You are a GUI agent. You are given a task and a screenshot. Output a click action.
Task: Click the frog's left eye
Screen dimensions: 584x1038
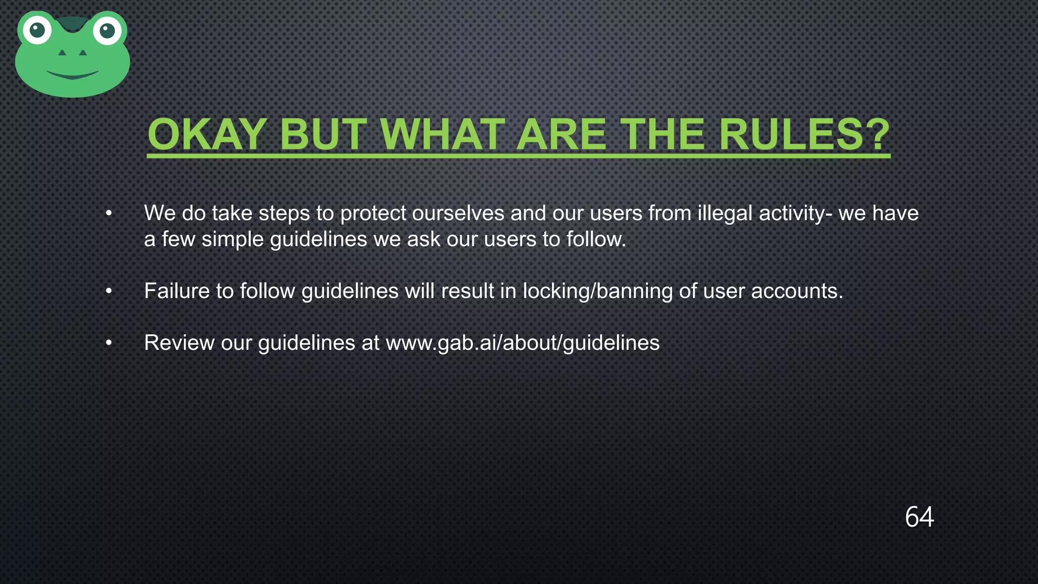tap(38, 30)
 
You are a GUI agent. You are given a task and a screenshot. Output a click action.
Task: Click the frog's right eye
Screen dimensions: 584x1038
tap(107, 31)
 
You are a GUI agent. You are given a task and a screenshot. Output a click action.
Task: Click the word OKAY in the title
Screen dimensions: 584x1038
tap(207, 135)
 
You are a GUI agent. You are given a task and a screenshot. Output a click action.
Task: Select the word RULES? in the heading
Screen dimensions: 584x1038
tap(804, 135)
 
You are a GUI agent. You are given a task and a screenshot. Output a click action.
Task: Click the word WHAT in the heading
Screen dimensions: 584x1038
tap(443, 135)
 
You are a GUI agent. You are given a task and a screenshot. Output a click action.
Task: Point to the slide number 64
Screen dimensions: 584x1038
tap(919, 517)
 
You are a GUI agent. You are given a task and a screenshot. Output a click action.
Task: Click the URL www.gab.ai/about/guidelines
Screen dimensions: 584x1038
tap(523, 343)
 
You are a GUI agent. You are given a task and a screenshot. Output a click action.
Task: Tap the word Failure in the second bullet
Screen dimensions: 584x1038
tap(176, 291)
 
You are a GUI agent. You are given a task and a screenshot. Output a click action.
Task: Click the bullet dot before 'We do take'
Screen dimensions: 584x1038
tap(108, 213)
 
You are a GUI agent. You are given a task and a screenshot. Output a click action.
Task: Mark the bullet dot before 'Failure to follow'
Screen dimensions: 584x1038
tap(108, 291)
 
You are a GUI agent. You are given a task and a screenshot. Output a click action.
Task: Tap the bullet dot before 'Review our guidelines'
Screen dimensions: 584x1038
tap(108, 343)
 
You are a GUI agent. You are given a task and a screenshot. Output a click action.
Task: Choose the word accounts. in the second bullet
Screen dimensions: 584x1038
tap(797, 291)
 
